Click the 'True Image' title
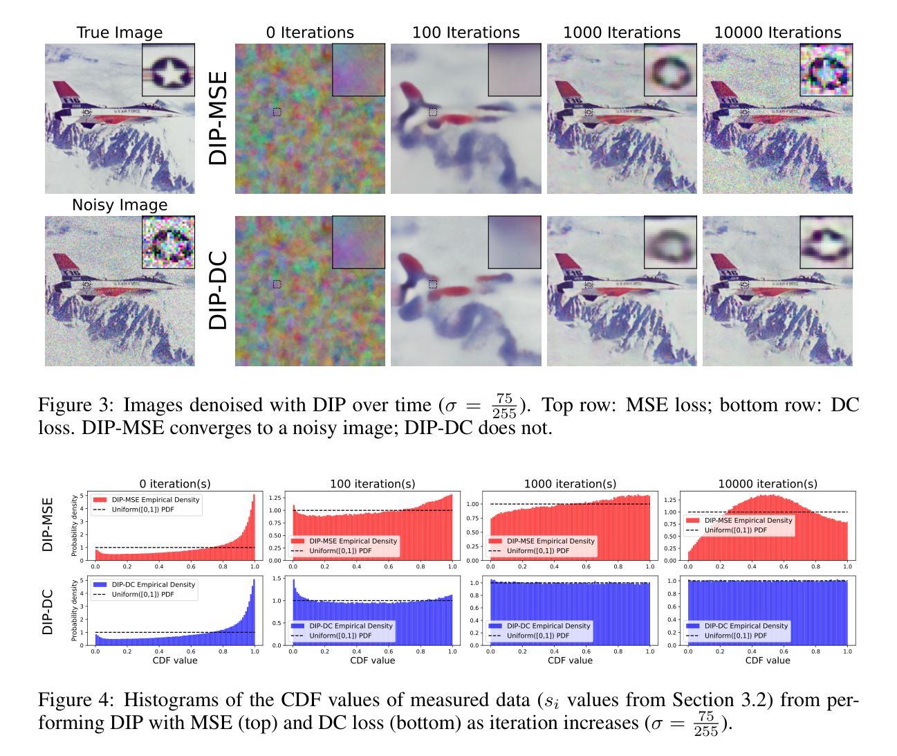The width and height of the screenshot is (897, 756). tap(120, 33)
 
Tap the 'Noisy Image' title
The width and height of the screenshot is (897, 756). tap(120, 205)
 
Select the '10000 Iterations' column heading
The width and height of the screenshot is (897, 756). tap(777, 33)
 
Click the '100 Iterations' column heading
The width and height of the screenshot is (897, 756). tap(465, 33)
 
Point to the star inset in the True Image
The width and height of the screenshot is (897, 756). tap(168, 70)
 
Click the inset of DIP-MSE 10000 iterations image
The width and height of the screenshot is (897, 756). tap(826, 70)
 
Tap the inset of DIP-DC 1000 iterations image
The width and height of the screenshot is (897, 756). tap(670, 242)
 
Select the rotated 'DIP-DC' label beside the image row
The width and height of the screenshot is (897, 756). tap(218, 290)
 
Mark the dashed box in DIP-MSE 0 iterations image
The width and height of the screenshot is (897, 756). tap(277, 112)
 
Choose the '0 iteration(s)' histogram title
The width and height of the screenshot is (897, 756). tap(174, 484)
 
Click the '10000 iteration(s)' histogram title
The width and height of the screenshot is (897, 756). tap(768, 484)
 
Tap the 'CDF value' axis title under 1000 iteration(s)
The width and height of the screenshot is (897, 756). tap(570, 660)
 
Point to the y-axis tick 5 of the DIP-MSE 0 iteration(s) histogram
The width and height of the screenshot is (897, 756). tap(82, 496)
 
